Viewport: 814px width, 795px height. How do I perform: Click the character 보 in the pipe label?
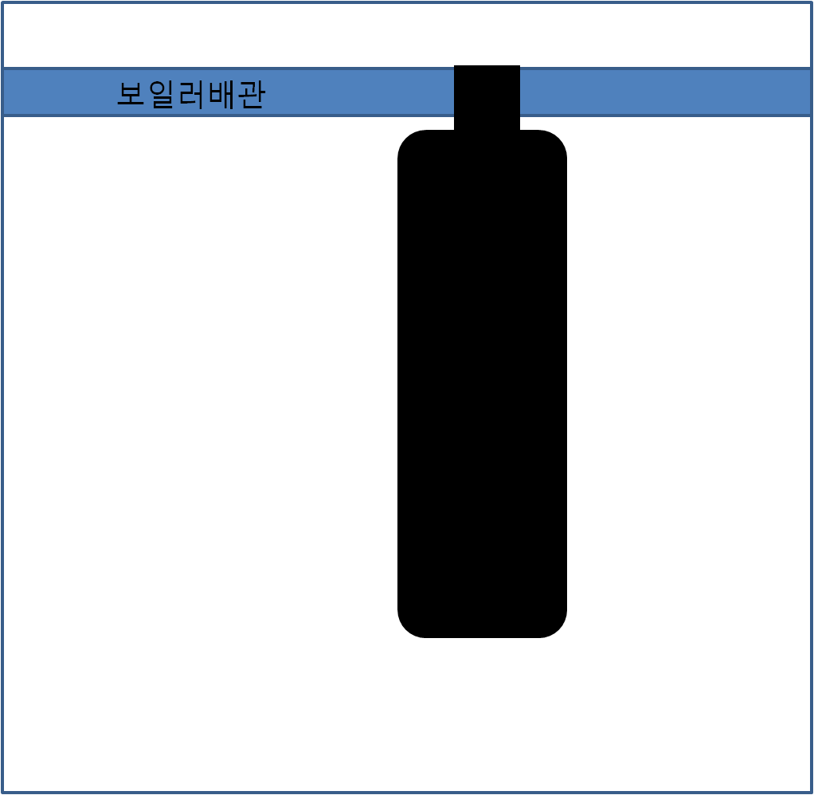click(131, 93)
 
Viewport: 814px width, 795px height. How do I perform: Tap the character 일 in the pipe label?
click(162, 94)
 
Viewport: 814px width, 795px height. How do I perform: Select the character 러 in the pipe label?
click(191, 94)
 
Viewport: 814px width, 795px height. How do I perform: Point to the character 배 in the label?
click(221, 94)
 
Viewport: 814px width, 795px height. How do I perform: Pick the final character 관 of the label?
click(252, 94)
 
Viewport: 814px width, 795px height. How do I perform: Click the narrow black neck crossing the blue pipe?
click(487, 97)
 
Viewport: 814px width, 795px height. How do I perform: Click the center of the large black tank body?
click(483, 384)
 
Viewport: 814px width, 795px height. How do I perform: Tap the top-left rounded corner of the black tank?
click(406, 139)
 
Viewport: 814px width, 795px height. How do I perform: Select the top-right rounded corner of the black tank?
click(558, 139)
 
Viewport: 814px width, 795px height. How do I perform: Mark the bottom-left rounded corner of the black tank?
click(406, 629)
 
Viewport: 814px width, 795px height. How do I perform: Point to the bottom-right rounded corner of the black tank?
click(558, 629)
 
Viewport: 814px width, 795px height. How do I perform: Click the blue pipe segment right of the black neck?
click(666, 92)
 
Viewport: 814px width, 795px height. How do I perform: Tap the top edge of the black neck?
click(487, 66)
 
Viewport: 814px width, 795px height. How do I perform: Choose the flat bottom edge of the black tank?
click(483, 637)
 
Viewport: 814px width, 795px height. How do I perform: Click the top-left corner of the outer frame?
click(3, 3)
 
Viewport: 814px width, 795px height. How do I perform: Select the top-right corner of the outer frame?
click(811, 3)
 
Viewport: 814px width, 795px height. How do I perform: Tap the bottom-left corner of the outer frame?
click(3, 793)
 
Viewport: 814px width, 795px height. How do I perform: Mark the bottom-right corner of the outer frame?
click(811, 793)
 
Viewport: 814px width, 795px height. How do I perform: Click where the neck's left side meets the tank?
click(454, 130)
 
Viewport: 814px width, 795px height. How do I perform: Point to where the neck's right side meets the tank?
click(520, 130)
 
